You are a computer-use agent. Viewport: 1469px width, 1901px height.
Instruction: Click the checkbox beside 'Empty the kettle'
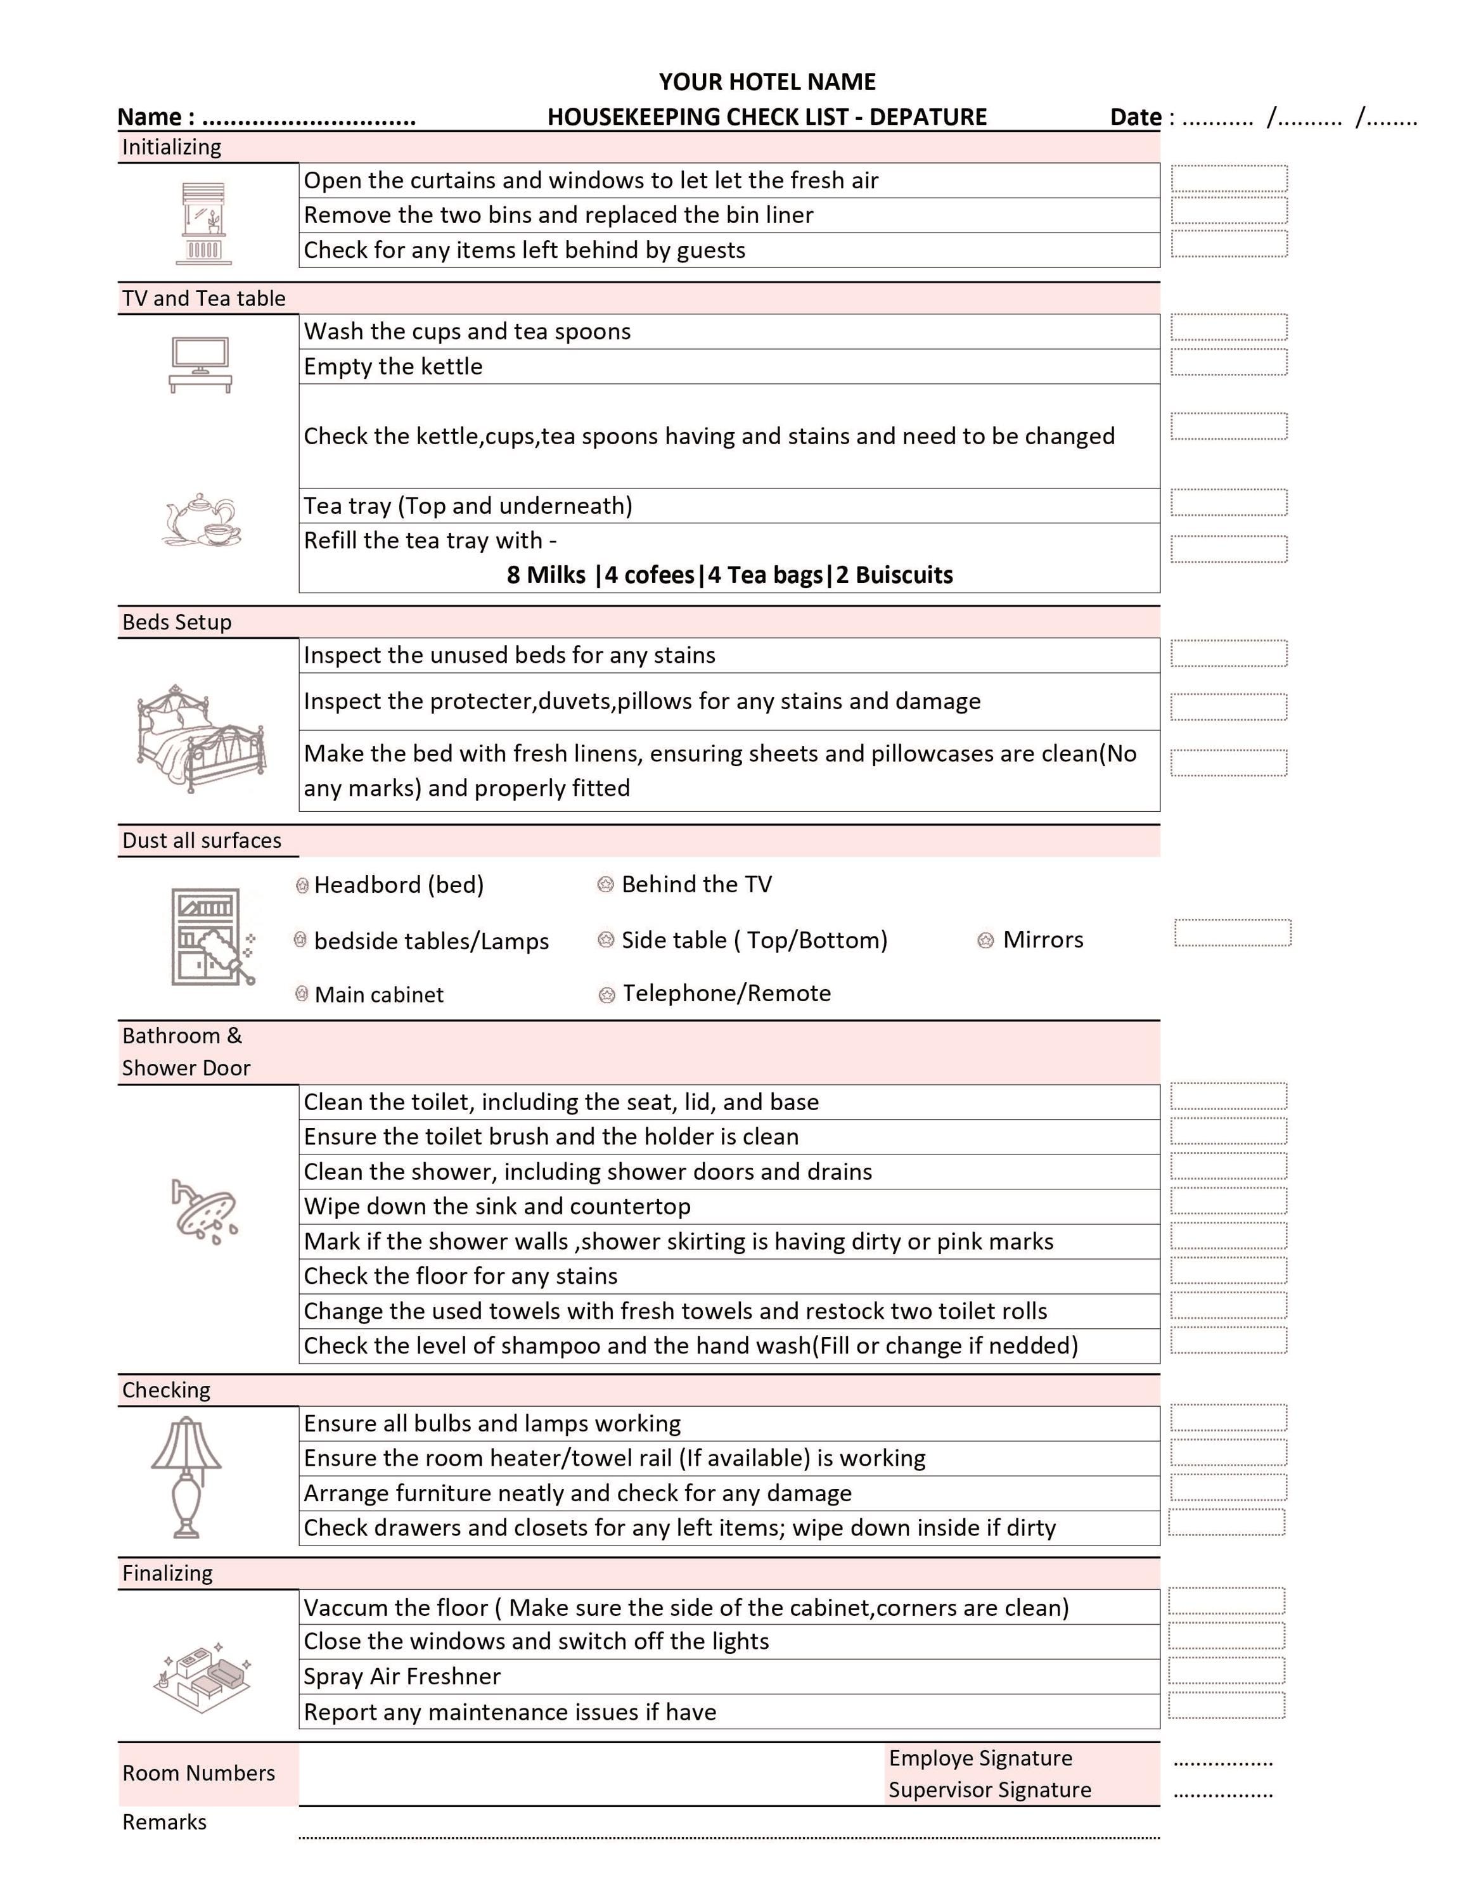click(1228, 362)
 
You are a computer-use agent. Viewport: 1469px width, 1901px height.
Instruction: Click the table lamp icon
click(186, 1477)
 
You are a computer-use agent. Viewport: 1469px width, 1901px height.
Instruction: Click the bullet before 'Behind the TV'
click(606, 885)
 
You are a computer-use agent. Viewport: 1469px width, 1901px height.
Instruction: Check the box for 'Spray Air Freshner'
click(1226, 1670)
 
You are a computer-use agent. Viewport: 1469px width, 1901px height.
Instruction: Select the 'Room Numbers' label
click(198, 1773)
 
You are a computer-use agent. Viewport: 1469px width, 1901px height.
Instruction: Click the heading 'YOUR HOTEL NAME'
click(767, 82)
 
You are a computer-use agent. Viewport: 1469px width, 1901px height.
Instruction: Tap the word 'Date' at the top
click(1135, 117)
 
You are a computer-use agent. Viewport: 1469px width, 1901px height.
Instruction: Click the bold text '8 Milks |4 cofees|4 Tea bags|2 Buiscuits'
click(729, 575)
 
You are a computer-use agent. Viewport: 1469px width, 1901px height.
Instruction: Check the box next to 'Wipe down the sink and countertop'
click(1228, 1201)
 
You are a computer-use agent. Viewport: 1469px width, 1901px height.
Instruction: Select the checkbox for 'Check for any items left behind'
click(1228, 244)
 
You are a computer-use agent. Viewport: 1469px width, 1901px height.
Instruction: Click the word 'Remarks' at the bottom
click(165, 1822)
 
